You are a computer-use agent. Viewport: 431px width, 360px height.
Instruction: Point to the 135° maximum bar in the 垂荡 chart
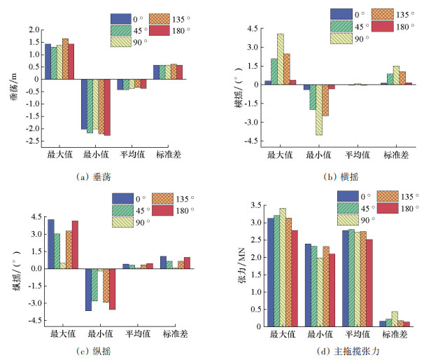(65, 59)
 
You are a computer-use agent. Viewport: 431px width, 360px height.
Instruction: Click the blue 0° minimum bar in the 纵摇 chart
(89, 289)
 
